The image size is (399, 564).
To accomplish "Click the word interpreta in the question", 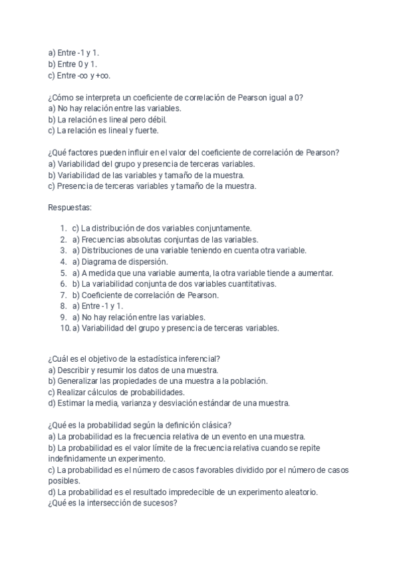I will tap(104, 96).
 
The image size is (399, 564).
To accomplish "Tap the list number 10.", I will tap(65, 328).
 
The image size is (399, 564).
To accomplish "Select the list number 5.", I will tap(63, 273).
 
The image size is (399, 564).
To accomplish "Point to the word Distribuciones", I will tap(108, 250).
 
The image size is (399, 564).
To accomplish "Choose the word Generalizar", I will tap(82, 381).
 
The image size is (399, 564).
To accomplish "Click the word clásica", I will tap(217, 426).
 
